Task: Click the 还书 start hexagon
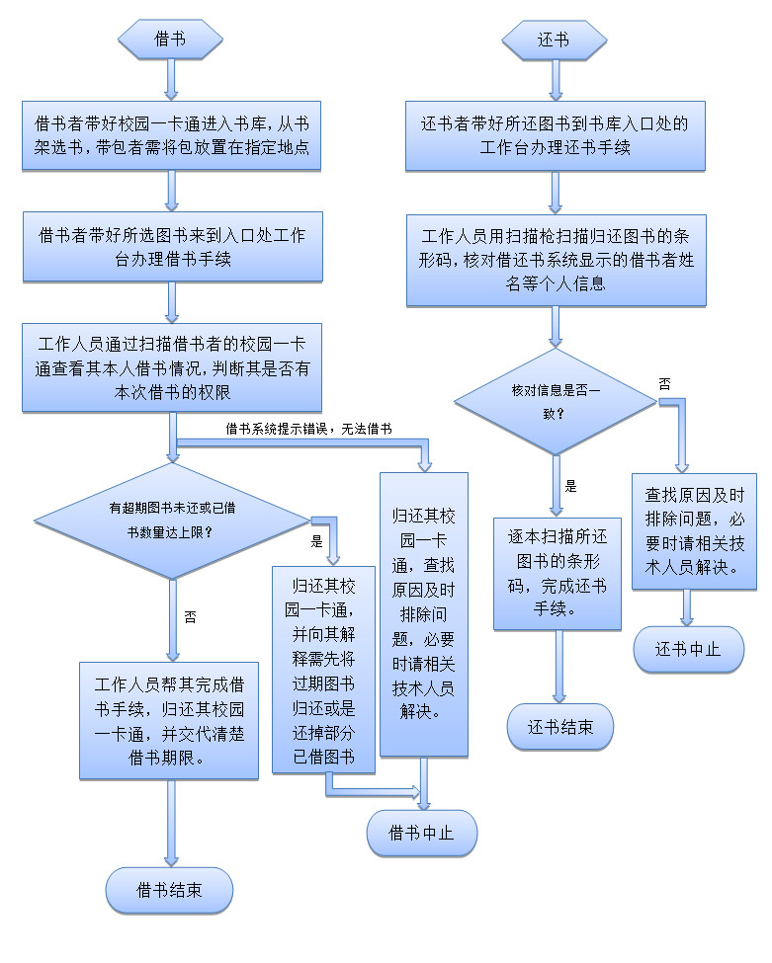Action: click(554, 40)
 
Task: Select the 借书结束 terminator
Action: click(170, 890)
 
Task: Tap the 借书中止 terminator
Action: click(422, 832)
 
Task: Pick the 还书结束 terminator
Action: click(560, 728)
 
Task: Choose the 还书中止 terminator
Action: click(688, 649)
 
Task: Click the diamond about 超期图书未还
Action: click(172, 519)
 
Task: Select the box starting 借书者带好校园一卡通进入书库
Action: click(172, 136)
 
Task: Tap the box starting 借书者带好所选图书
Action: click(172, 248)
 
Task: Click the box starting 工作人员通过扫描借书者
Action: click(172, 367)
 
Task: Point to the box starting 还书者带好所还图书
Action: click(556, 136)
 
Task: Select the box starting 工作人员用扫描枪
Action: click(556, 261)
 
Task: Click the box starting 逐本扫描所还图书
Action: click(558, 573)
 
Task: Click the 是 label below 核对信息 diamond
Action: click(570, 486)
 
